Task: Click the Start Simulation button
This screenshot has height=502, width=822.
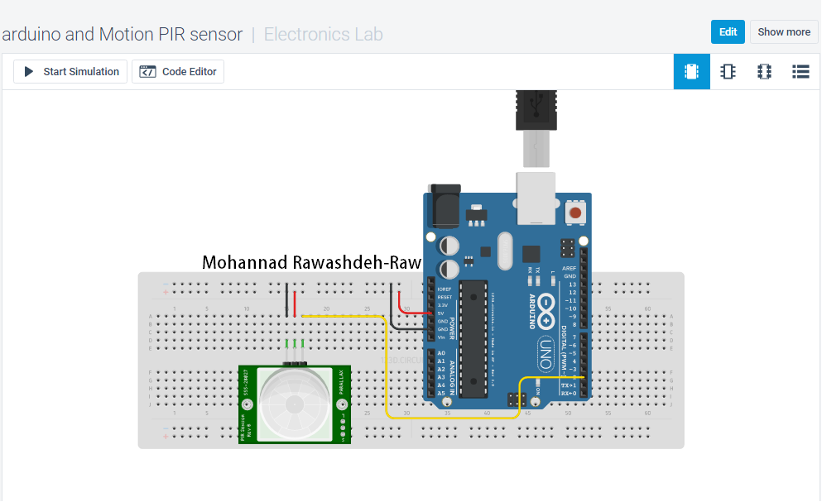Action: point(70,72)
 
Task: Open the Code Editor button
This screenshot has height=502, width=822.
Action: point(178,72)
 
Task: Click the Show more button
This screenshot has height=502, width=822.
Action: point(783,32)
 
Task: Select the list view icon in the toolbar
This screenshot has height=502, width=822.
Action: point(800,72)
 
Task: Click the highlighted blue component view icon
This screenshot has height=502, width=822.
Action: point(691,72)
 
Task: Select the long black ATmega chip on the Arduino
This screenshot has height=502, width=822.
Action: point(471,338)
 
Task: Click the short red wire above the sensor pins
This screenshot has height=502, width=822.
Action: point(295,300)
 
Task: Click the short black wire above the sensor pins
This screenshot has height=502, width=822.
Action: point(286,300)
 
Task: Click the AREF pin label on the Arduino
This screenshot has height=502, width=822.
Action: point(569,269)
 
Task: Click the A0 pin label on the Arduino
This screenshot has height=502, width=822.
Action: point(441,353)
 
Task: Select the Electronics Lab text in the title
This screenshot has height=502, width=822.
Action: point(323,35)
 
